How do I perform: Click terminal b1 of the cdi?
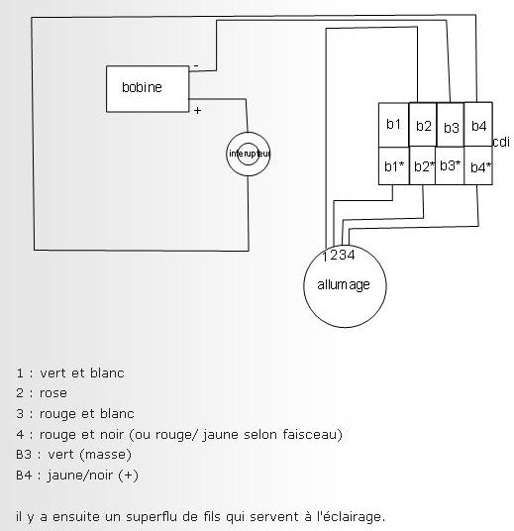[393, 125]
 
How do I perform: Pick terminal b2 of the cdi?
[423, 125]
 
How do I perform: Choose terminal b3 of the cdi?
[451, 125]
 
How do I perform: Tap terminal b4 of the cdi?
[478, 124]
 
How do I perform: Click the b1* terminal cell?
[394, 166]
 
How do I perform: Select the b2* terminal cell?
[422, 165]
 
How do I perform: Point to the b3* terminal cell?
[450, 165]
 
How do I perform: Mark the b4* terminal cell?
[478, 165]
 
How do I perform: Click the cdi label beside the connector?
[501, 142]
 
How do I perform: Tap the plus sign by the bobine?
[198, 110]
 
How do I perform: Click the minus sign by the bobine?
[196, 65]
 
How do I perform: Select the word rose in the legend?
[53, 393]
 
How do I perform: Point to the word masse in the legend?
[105, 454]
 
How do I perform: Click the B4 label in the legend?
[24, 476]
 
